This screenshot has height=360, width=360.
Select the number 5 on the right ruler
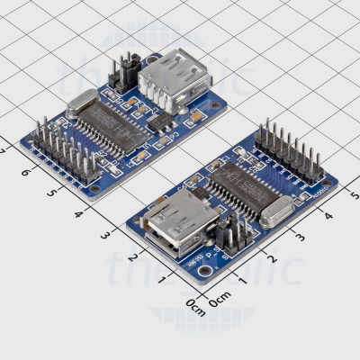click(x=353, y=195)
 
